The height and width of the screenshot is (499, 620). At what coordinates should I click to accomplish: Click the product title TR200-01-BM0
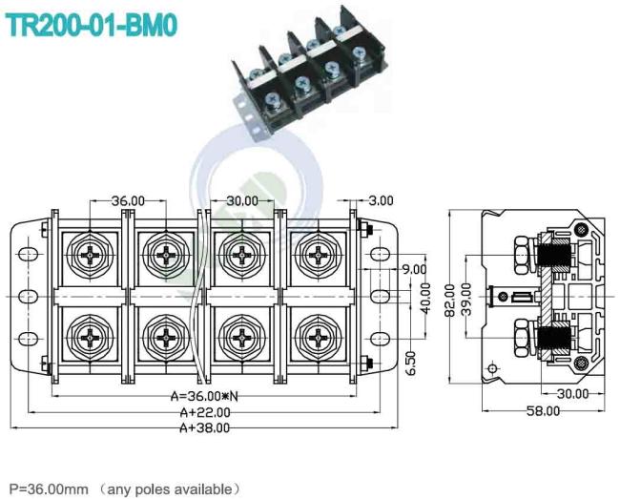91,25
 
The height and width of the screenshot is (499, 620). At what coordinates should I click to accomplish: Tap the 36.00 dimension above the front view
128,201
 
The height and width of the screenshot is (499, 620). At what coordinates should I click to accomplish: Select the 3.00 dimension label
381,201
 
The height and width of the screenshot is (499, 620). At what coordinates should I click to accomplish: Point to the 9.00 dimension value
414,269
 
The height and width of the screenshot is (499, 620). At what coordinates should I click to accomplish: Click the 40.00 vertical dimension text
425,298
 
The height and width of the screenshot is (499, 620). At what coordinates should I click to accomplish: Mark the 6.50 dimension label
411,363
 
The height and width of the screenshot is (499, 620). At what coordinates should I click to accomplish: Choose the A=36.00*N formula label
204,396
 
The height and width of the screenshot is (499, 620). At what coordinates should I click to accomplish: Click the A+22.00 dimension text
205,412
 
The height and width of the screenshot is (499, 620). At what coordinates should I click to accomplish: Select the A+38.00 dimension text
204,427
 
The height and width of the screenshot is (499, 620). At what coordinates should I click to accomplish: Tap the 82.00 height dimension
450,301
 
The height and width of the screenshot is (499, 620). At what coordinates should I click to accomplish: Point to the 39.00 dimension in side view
466,299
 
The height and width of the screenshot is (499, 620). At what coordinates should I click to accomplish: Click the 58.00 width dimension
544,411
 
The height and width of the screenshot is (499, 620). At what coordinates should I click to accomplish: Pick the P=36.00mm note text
49,489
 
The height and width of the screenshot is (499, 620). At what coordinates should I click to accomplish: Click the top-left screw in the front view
91,255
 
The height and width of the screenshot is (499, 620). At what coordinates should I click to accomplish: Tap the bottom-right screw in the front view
318,338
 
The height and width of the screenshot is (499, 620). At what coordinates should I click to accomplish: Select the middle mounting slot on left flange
29,297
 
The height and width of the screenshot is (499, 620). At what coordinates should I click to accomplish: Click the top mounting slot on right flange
381,254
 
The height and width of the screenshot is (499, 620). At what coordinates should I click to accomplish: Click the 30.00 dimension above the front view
242,201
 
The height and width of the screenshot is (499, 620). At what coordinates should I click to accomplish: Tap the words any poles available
170,489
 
